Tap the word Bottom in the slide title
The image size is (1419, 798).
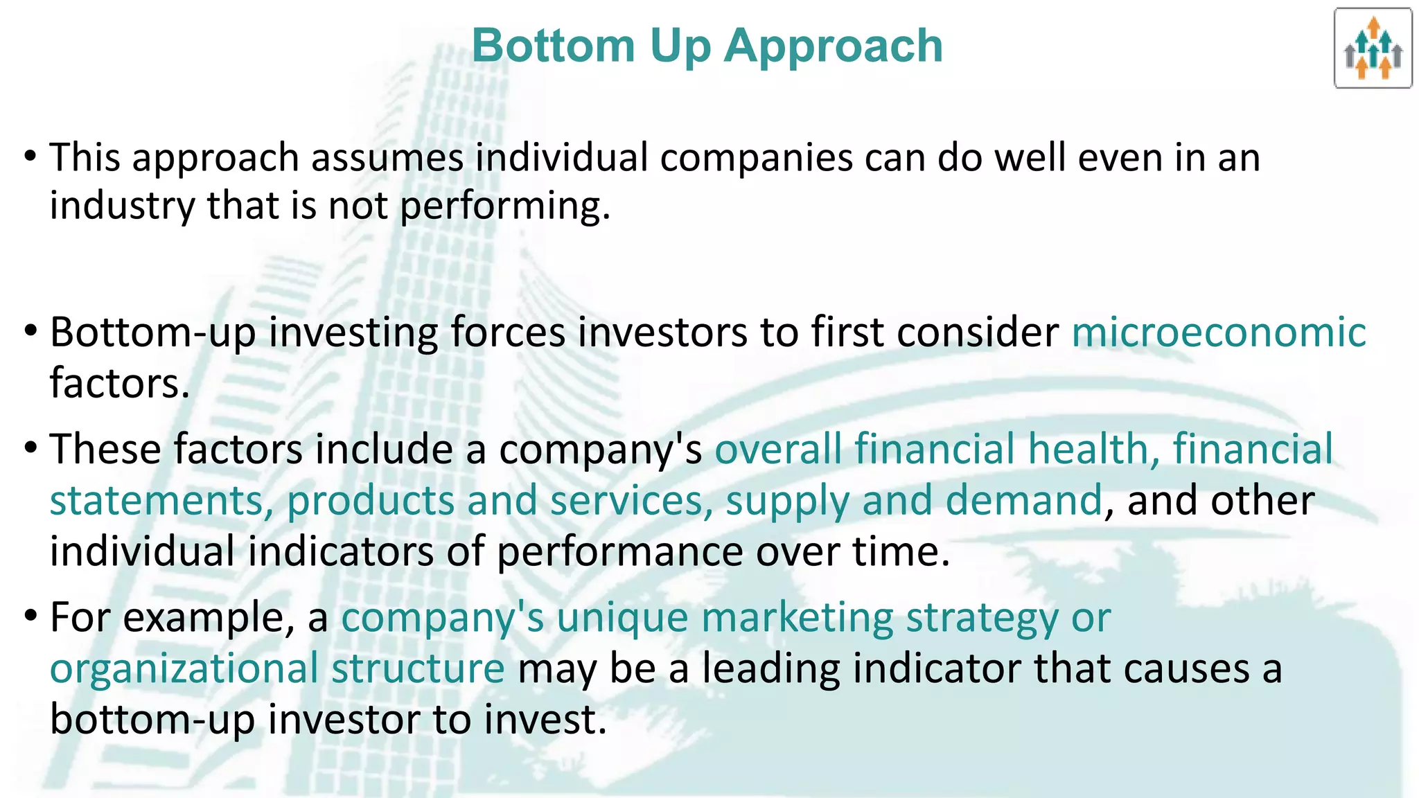[x=553, y=46]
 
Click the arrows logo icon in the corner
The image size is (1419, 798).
[x=1373, y=48]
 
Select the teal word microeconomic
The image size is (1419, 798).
[x=1219, y=332]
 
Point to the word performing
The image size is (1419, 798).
[x=504, y=206]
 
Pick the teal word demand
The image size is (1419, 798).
[x=1023, y=501]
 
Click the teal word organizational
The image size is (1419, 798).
[x=184, y=669]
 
